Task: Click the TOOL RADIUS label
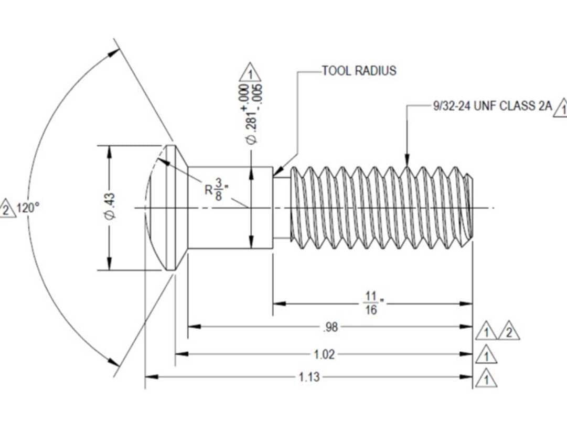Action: pyautogui.click(x=359, y=71)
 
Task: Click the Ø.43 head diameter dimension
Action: pyautogui.click(x=110, y=208)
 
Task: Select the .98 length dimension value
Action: pyautogui.click(x=330, y=327)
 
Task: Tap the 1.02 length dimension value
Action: pyautogui.click(x=324, y=354)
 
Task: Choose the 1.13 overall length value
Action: pyautogui.click(x=309, y=377)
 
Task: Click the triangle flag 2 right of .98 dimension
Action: pyautogui.click(x=508, y=332)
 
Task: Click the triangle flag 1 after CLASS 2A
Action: pyautogui.click(x=562, y=109)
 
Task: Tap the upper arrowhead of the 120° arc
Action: pyautogui.click(x=114, y=53)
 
